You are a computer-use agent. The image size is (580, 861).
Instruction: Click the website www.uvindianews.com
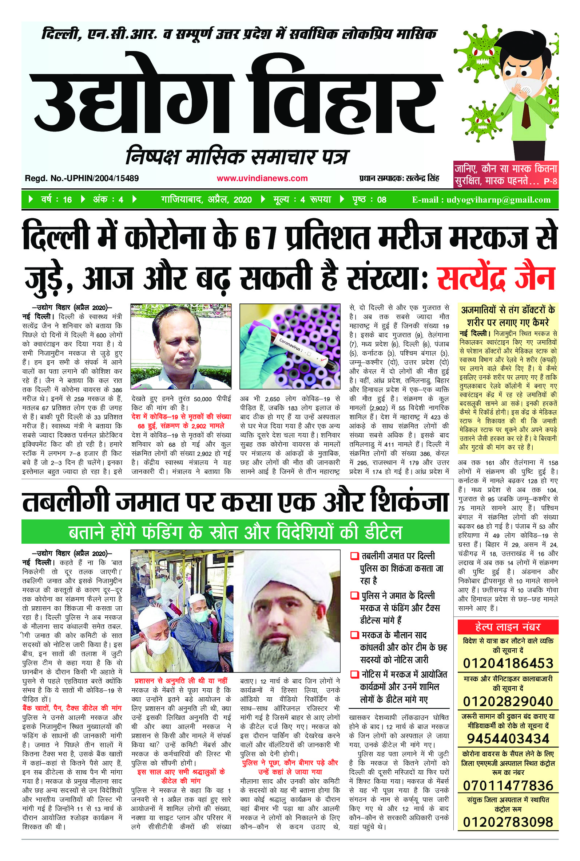[262, 178]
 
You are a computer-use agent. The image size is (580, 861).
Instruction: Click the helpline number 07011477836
[508, 786]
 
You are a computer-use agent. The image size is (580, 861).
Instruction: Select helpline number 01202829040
[508, 701]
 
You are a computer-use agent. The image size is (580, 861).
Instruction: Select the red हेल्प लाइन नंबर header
[508, 627]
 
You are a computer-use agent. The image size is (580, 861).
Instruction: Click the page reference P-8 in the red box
[550, 182]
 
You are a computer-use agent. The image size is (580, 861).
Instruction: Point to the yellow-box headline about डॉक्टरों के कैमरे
[508, 316]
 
